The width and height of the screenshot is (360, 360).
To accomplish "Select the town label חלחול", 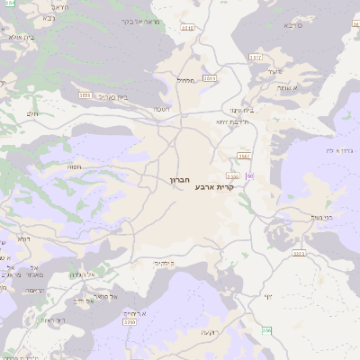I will point(185,80).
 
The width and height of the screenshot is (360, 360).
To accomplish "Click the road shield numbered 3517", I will point(255,56).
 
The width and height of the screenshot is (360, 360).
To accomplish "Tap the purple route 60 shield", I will point(249,175).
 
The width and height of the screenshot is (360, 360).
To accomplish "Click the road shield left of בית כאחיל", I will point(85,93).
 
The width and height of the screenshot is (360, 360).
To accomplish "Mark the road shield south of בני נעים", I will point(299,254).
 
